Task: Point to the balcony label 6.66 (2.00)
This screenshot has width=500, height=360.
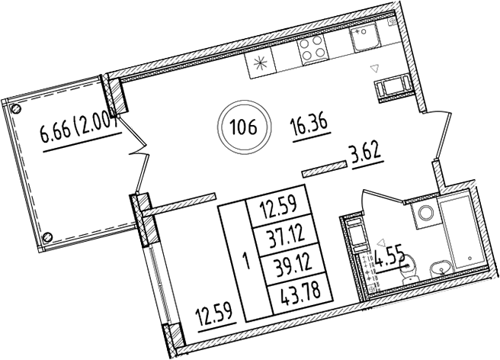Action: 80,137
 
